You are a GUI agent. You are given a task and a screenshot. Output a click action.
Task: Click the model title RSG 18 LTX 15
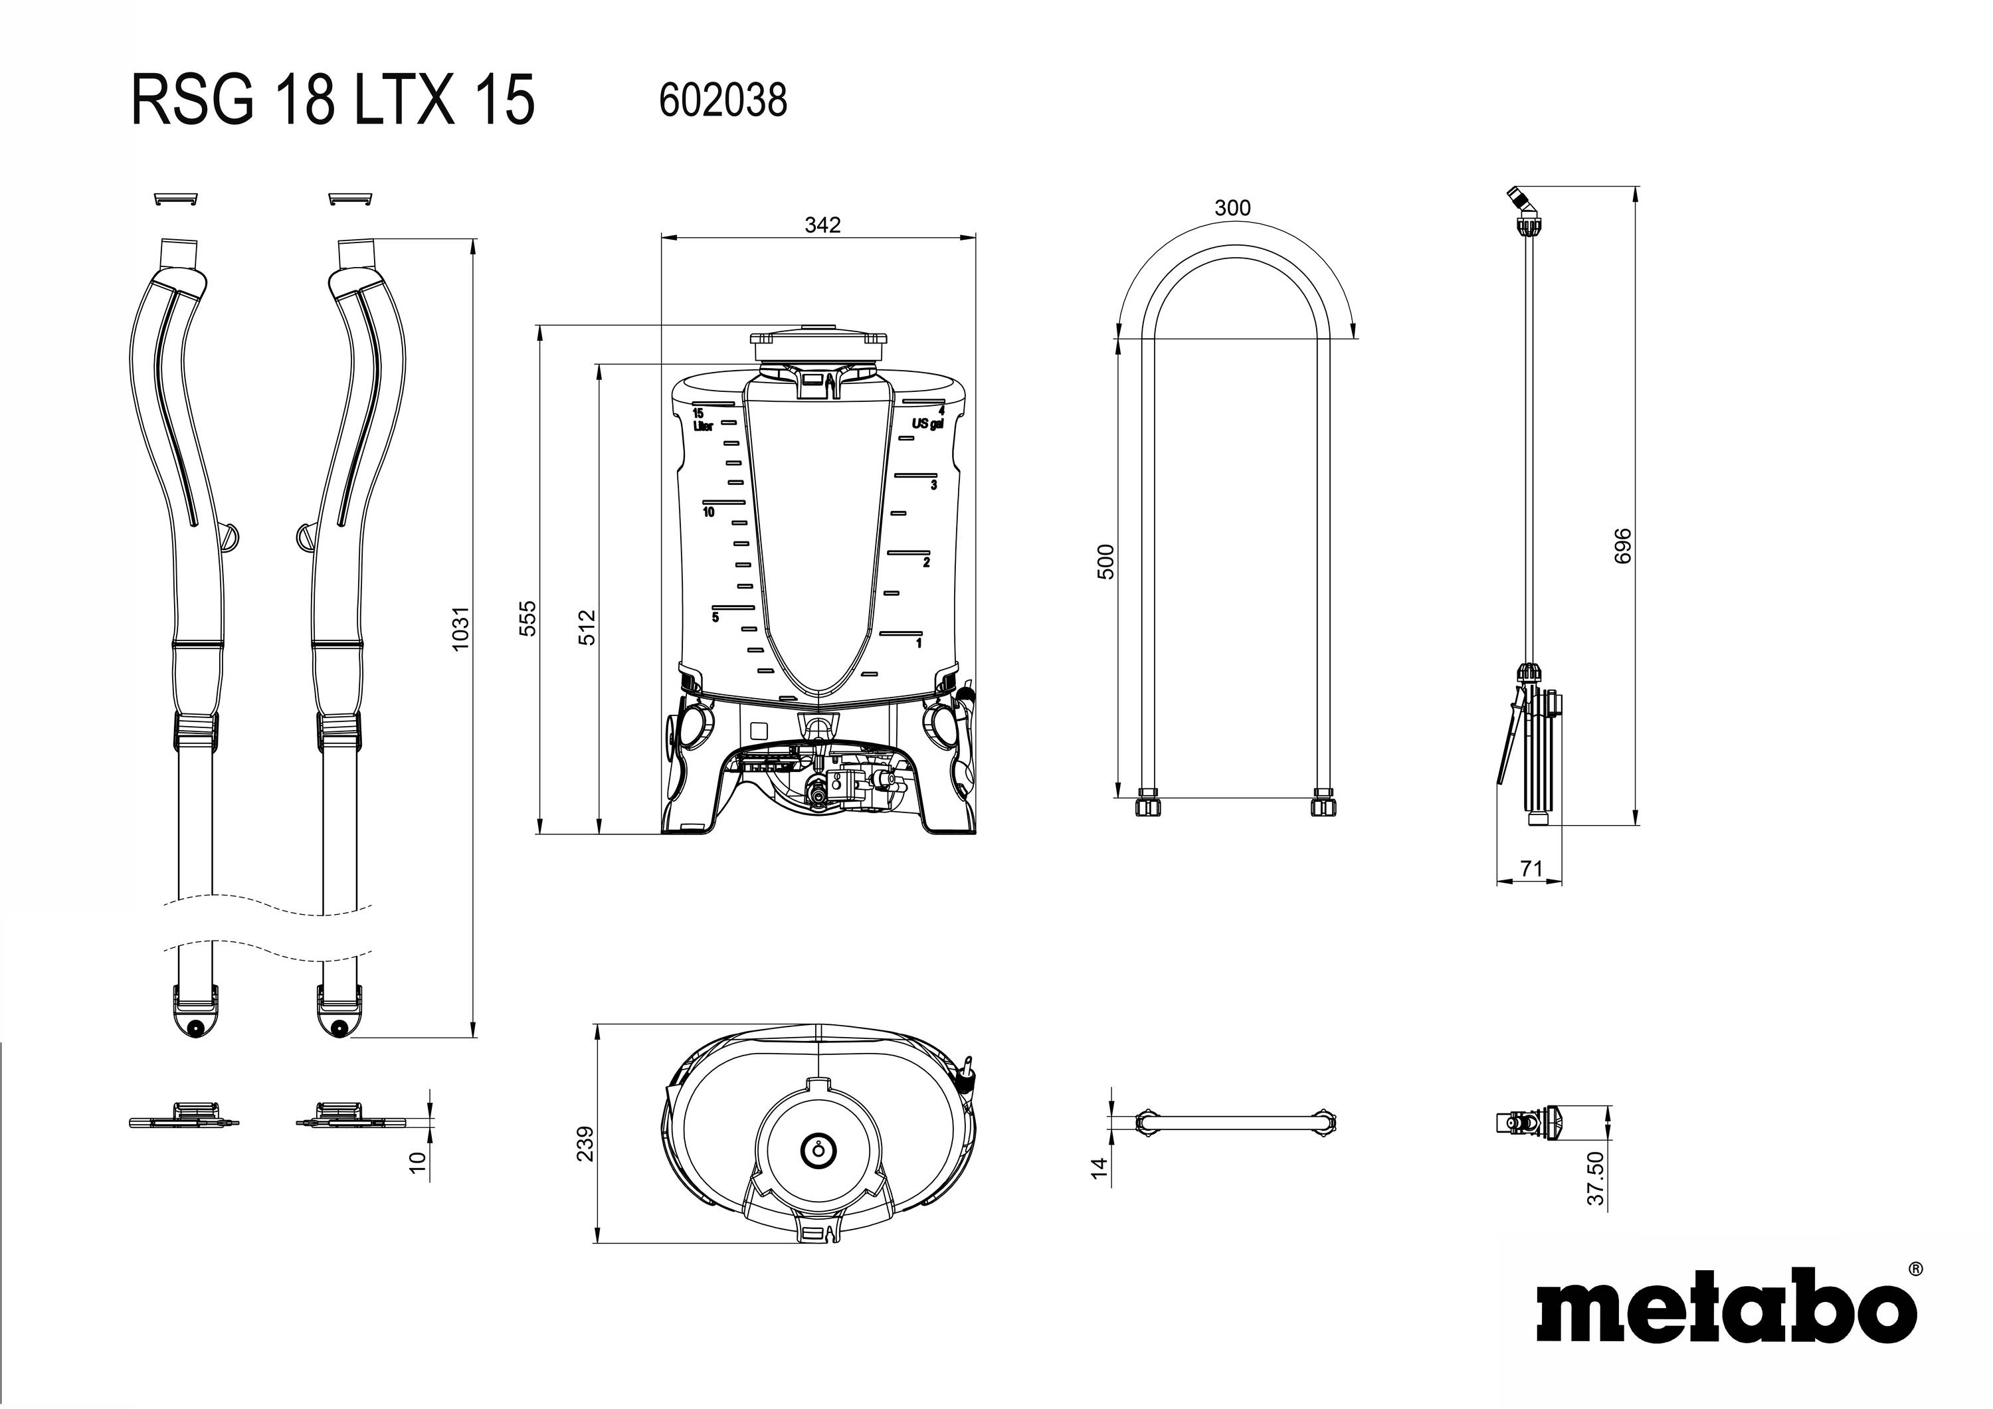(332, 100)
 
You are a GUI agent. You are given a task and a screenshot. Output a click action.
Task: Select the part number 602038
(722, 100)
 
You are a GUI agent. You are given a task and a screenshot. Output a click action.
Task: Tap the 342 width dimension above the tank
(821, 225)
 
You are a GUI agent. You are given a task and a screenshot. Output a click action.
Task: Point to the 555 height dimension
(527, 617)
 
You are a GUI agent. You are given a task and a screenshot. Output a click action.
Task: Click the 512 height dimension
(588, 627)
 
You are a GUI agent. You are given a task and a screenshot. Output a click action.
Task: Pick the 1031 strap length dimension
(461, 628)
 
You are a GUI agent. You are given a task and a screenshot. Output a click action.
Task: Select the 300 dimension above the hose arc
(1232, 207)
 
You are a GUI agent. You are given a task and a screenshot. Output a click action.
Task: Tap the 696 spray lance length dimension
(1622, 545)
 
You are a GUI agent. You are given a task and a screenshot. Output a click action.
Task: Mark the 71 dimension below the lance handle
(1531, 868)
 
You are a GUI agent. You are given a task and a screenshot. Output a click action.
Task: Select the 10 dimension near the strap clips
(419, 1163)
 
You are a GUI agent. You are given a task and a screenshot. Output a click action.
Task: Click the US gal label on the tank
(926, 424)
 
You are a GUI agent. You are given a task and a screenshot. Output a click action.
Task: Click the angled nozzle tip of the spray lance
(1517, 195)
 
